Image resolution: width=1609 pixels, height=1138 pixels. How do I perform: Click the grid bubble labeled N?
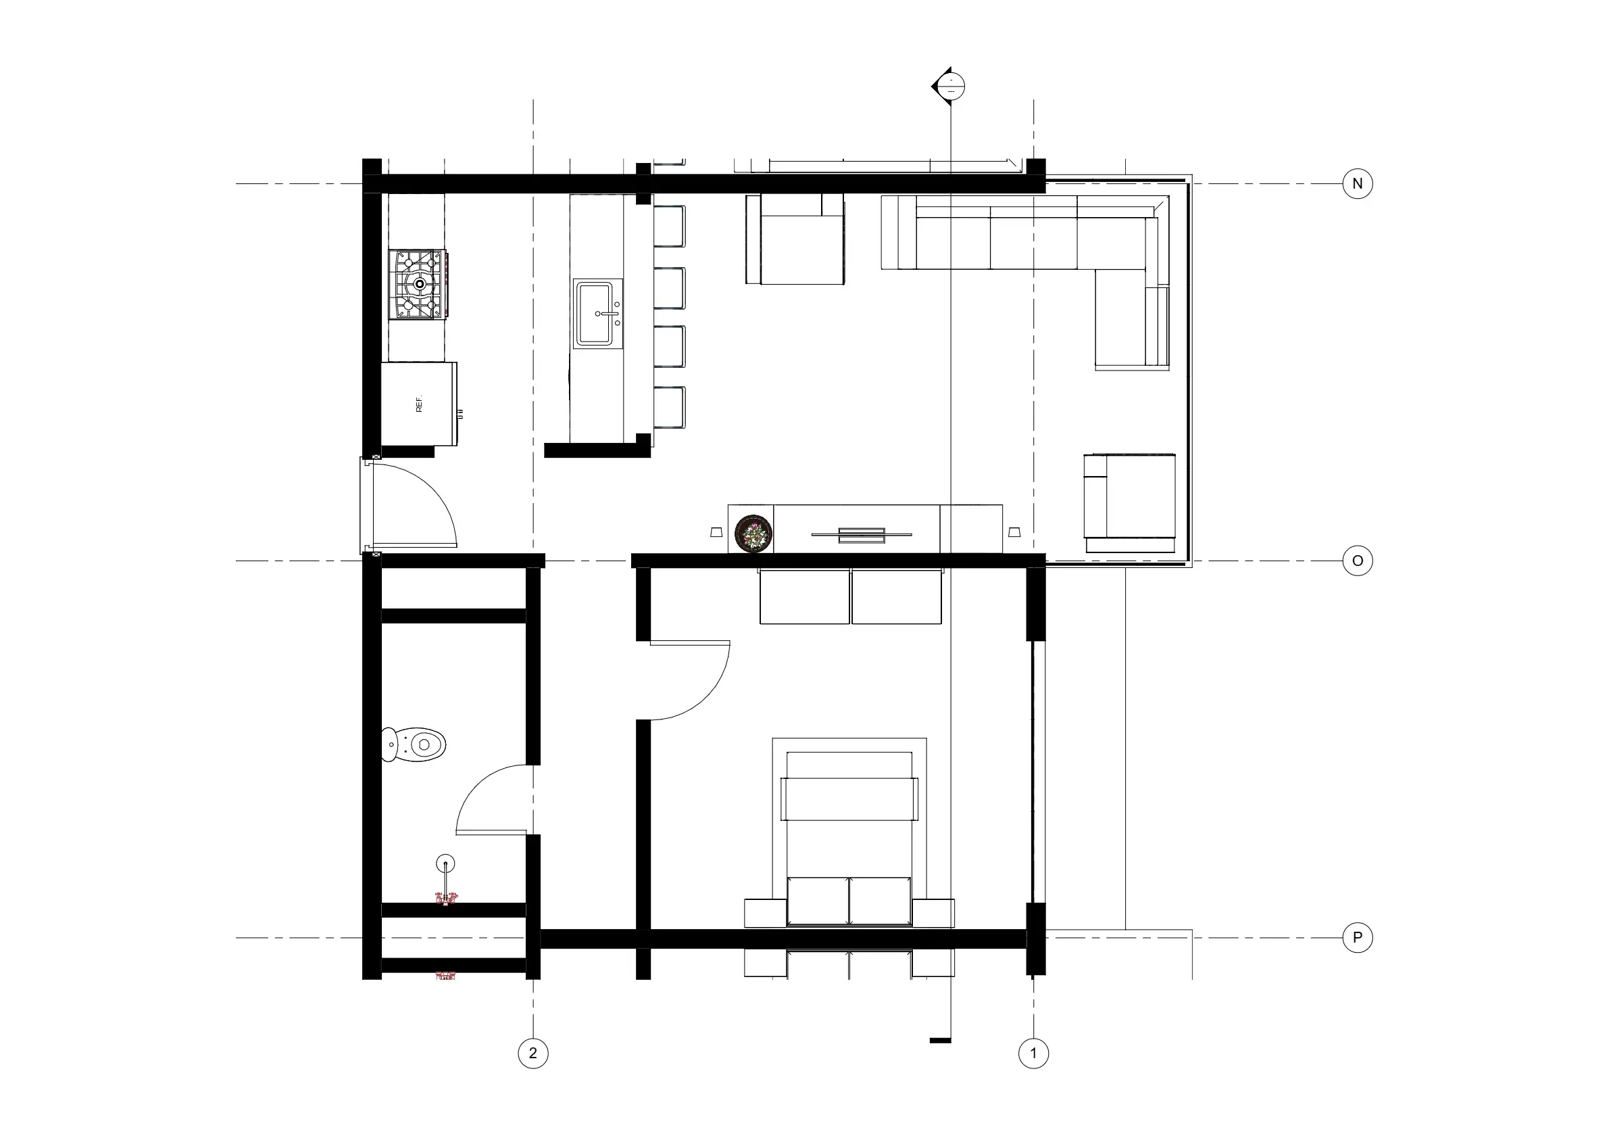[1357, 184]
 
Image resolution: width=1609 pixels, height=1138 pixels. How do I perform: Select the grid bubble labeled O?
[1357, 561]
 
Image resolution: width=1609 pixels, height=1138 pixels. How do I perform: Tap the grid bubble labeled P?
[1357, 937]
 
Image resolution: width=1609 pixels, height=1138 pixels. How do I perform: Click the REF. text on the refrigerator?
[419, 404]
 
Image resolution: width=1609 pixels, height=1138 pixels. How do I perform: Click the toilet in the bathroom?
[414, 744]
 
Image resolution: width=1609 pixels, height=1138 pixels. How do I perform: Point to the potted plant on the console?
[753, 533]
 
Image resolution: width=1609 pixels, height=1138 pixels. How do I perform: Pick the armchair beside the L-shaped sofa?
[795, 240]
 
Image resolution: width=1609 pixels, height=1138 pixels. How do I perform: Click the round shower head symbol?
[445, 863]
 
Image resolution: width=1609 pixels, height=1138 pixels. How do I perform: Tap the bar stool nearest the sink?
[670, 288]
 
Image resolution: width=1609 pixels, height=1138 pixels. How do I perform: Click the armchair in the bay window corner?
[1130, 504]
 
